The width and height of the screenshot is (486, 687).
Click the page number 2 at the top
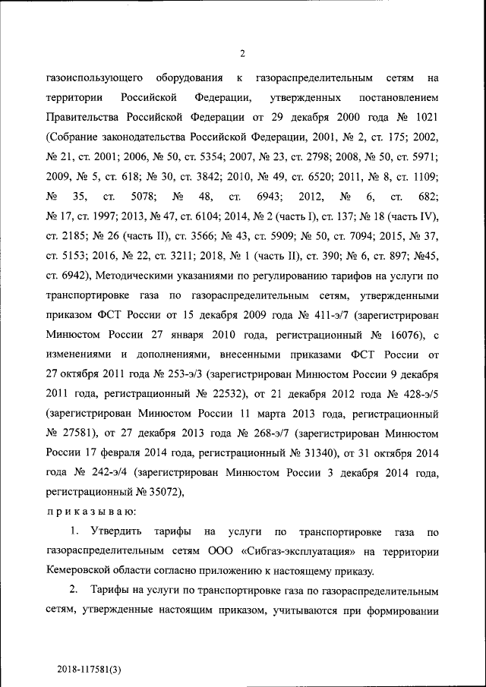click(242, 53)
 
